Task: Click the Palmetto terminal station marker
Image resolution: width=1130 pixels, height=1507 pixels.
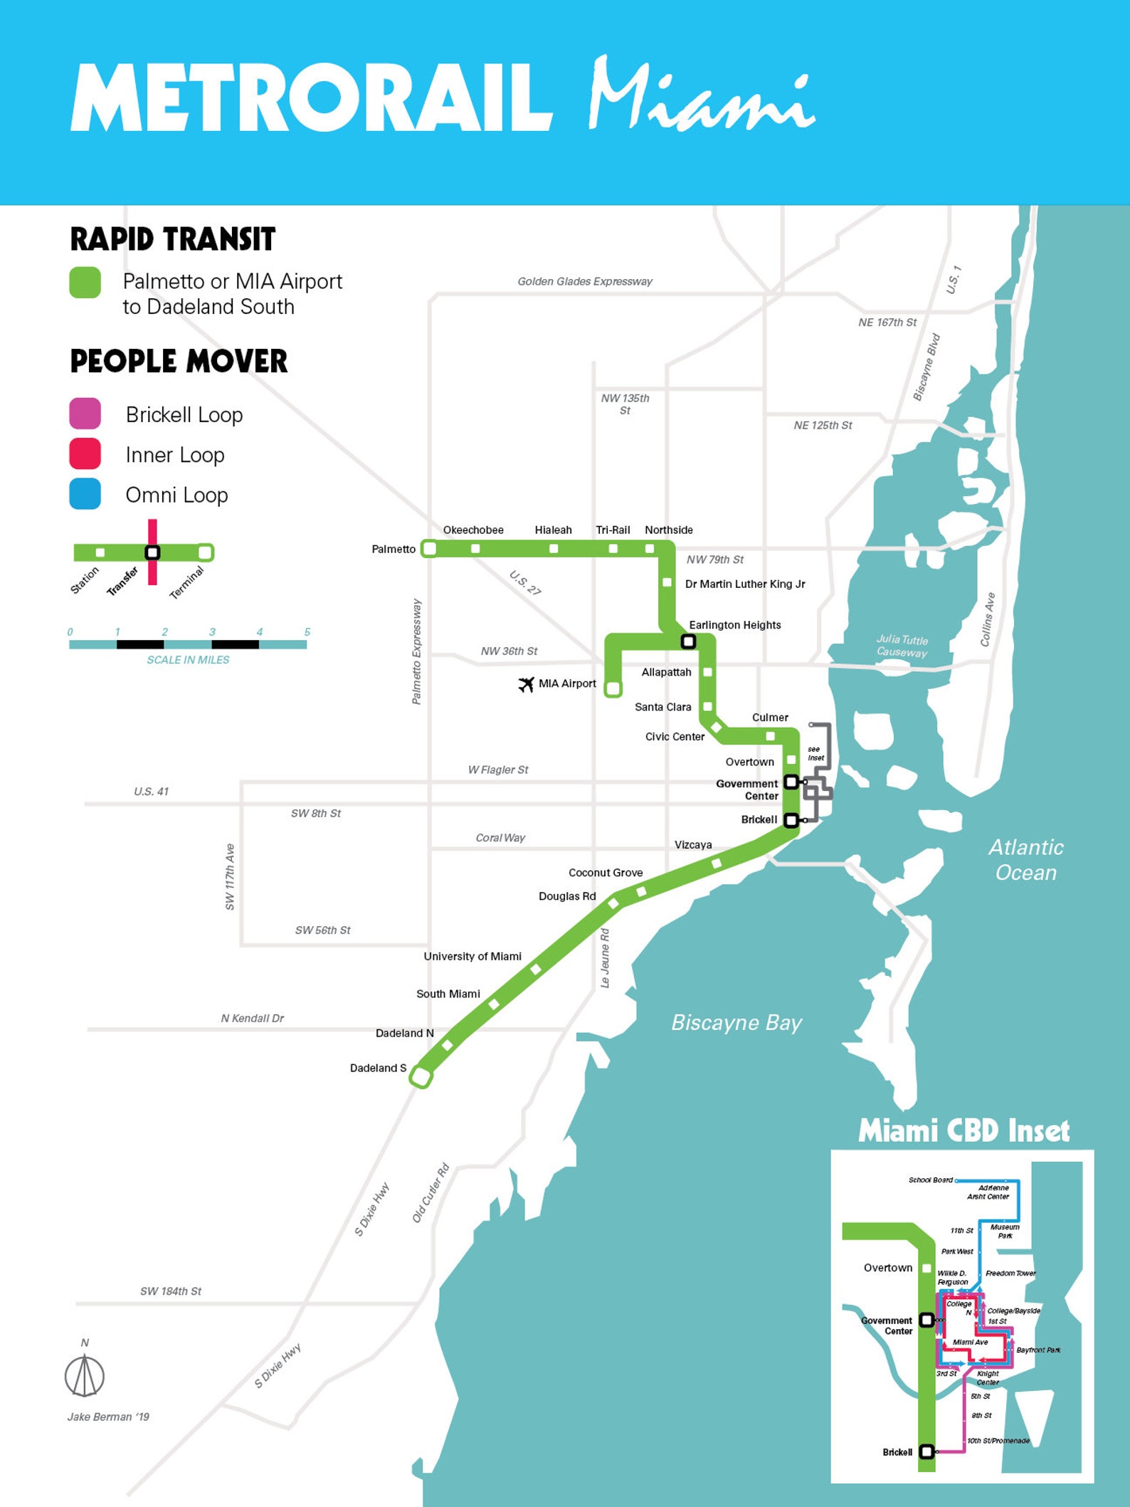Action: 429,548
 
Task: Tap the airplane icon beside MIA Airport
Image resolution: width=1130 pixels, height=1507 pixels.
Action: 526,684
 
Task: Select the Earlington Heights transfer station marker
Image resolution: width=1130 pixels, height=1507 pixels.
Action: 688,641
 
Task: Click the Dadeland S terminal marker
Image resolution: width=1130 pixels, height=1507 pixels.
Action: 421,1077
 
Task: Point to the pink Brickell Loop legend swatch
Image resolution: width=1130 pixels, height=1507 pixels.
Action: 85,414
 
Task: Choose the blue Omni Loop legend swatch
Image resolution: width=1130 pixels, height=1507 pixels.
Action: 85,494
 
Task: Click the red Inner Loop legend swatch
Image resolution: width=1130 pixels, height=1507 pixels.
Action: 85,454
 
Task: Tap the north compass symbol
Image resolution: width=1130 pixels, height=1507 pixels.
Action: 85,1374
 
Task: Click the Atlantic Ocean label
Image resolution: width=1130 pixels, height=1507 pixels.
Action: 1025,860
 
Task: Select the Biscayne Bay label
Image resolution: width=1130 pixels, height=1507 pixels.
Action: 736,1023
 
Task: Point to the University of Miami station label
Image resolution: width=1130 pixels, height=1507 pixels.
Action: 472,956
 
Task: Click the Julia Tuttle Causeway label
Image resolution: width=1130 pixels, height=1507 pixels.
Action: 902,646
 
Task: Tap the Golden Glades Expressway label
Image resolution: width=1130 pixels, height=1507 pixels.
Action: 584,281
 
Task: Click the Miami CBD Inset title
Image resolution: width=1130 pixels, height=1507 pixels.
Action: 963,1131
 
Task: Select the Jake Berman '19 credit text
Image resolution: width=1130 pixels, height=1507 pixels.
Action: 108,1417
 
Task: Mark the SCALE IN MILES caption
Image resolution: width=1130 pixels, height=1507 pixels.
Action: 188,660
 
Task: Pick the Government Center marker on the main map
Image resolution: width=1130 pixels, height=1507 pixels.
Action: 791,782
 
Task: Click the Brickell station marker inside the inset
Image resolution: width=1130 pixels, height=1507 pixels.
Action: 926,1451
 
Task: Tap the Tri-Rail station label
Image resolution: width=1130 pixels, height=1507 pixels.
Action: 613,530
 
